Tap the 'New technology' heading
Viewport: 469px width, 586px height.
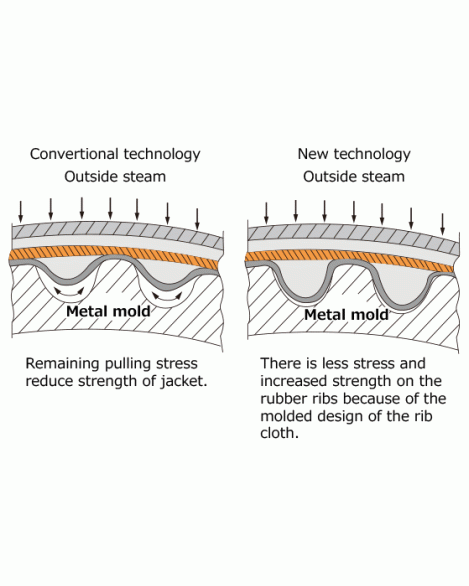354,154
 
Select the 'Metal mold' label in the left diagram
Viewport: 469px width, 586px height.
108,311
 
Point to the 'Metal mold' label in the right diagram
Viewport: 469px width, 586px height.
346,315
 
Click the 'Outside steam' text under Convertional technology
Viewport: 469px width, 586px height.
115,176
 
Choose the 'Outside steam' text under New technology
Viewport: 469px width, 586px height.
354,176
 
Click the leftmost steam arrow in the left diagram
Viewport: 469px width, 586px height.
21,212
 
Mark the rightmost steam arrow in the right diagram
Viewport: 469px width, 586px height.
443,224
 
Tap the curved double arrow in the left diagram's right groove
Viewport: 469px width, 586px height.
167,296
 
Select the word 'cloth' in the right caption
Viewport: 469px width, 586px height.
279,433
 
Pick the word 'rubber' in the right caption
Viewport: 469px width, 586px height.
282,398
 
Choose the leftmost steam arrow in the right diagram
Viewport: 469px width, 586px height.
266,213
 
